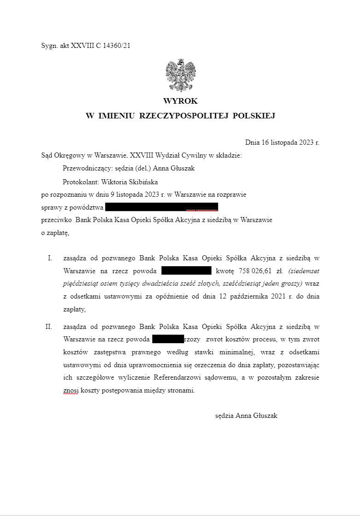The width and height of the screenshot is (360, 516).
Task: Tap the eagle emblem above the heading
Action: (180, 76)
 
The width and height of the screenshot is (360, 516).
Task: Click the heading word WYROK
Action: (180, 101)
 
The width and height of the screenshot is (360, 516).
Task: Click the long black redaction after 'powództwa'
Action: (161, 207)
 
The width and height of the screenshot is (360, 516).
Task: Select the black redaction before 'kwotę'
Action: (186, 270)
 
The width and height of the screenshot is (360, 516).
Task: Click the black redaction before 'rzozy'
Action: (168, 340)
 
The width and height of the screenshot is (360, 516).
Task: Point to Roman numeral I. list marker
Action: (50, 258)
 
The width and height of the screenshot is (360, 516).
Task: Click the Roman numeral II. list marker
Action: (48, 327)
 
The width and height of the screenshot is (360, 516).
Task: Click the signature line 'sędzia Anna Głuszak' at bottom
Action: (246, 416)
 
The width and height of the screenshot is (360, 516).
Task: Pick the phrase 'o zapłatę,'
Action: (55, 233)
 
